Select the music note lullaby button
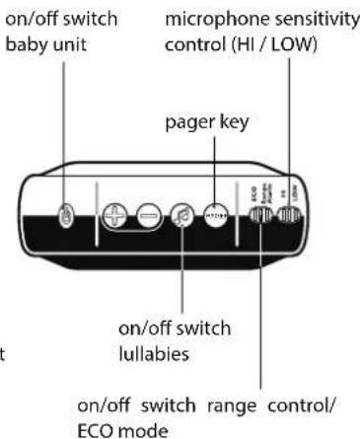[182, 216]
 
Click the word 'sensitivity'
[295, 20]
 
